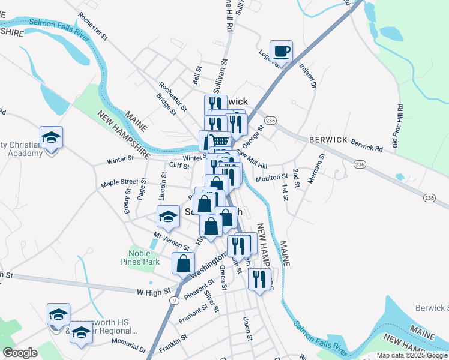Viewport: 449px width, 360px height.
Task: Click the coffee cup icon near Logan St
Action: (281, 51)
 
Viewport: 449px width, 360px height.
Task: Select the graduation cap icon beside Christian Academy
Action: (52, 137)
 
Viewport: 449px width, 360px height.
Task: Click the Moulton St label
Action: (271, 178)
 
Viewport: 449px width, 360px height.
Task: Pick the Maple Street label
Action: (119, 182)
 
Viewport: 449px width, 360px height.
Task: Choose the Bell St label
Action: (196, 76)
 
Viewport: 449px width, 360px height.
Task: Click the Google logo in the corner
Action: (20, 353)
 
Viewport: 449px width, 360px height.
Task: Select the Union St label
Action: (246, 328)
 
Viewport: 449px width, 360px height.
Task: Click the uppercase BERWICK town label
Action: (328, 139)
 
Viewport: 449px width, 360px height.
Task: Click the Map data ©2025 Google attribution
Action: (411, 355)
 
